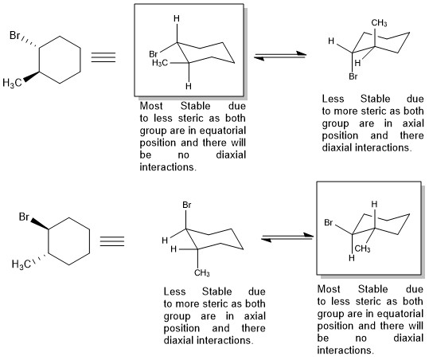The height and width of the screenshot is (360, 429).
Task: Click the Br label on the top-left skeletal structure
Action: click(15, 35)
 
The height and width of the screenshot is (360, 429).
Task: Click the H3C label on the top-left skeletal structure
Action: click(12, 83)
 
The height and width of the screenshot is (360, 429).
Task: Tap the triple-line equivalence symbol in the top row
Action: click(103, 57)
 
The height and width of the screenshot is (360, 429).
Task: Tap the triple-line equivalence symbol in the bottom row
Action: click(112, 241)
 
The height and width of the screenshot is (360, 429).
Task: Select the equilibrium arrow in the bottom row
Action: click(287, 237)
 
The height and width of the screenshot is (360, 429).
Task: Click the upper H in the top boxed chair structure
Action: click(177, 18)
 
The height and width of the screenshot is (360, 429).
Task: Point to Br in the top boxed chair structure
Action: click(154, 54)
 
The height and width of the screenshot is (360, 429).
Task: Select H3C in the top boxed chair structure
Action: click(160, 63)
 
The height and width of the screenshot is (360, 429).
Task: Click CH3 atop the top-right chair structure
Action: click(379, 23)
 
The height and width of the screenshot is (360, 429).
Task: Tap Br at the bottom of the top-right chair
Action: click(353, 76)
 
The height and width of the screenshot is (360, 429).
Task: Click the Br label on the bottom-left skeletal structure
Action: click(24, 217)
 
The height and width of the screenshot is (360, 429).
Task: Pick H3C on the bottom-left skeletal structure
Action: click(21, 264)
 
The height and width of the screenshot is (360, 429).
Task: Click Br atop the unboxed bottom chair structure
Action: click(187, 205)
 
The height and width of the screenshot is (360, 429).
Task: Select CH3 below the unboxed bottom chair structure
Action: click(202, 272)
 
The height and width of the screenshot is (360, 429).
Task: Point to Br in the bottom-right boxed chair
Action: click(329, 222)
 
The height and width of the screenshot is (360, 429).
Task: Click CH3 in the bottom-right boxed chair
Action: click(362, 248)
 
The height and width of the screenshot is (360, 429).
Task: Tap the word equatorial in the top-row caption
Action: click(222, 131)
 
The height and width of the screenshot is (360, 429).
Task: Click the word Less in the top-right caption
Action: click(333, 99)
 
